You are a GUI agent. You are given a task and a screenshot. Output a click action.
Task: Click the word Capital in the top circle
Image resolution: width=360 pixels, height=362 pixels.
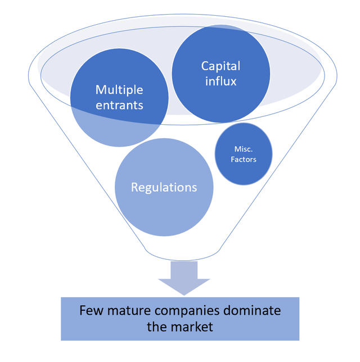point(220,66)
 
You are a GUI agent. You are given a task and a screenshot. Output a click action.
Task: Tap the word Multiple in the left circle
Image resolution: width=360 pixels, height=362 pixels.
point(119,89)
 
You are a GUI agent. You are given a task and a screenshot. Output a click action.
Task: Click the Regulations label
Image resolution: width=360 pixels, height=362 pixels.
point(164,187)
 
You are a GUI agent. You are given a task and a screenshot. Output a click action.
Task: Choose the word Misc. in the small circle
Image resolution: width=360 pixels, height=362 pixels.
point(244,149)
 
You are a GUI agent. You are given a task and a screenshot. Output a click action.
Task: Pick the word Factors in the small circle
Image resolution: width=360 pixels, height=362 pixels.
point(244,159)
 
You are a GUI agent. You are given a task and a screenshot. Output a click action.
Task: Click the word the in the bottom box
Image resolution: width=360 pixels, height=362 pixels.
point(157,327)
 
